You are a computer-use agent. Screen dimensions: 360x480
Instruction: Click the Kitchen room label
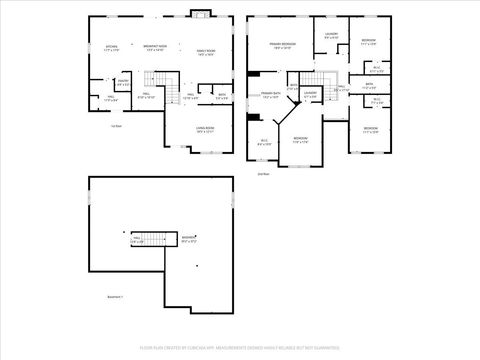(111, 48)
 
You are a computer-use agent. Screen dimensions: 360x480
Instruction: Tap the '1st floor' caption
(116, 125)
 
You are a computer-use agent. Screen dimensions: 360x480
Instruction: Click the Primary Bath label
(271, 95)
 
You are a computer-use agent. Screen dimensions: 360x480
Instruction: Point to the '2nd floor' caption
(264, 173)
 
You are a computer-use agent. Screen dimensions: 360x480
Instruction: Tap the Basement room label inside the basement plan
(188, 239)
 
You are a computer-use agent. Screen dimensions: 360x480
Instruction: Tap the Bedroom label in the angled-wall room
(300, 139)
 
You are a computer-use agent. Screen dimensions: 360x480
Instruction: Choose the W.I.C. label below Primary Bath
(265, 142)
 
